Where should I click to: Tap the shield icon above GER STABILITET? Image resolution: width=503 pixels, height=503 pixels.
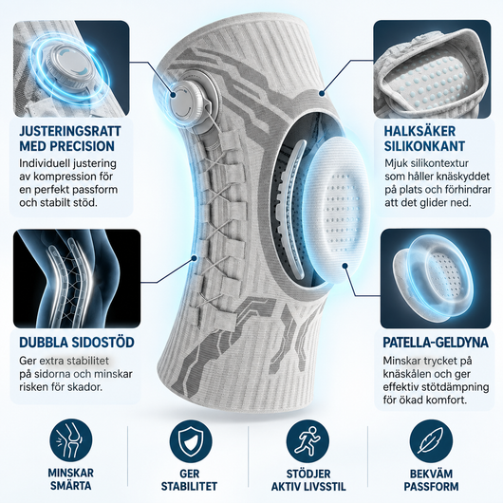pos(191,440)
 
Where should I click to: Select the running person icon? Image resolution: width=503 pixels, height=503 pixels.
pos(307,440)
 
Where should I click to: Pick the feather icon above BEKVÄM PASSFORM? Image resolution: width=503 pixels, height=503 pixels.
pos(431,440)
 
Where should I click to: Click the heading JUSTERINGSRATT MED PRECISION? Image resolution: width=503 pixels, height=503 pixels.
pos(70,139)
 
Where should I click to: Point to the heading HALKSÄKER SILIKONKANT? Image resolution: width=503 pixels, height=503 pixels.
pos(424,139)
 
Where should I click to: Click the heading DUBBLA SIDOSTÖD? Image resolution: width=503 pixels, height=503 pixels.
pos(77,343)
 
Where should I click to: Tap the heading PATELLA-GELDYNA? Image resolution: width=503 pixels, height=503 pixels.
pos(436,343)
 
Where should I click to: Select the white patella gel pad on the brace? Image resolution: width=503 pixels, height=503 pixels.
pos(336,209)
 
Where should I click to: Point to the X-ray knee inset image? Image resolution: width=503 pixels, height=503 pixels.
pos(77,278)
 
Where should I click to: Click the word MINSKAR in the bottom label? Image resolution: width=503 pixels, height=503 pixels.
pos(71,473)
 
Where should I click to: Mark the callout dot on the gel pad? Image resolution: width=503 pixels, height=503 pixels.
pos(345,266)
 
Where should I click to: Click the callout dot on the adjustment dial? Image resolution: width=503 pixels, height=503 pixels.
pos(174,95)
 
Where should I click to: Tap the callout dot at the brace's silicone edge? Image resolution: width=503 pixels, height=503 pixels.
pos(322,93)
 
